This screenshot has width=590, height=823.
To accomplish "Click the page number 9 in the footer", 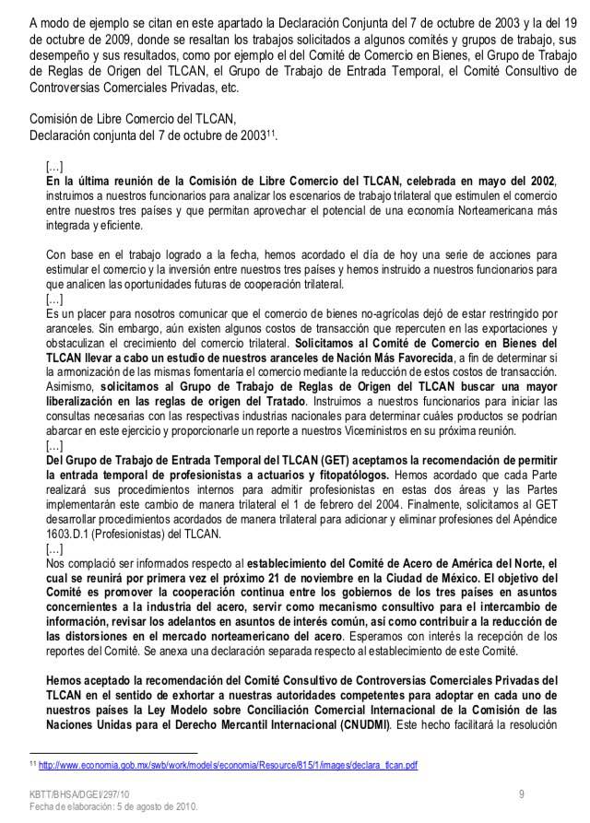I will pos(522,794).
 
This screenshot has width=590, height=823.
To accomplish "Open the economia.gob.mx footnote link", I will pos(227,764).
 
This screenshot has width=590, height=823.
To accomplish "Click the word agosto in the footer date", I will pos(142,808).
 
